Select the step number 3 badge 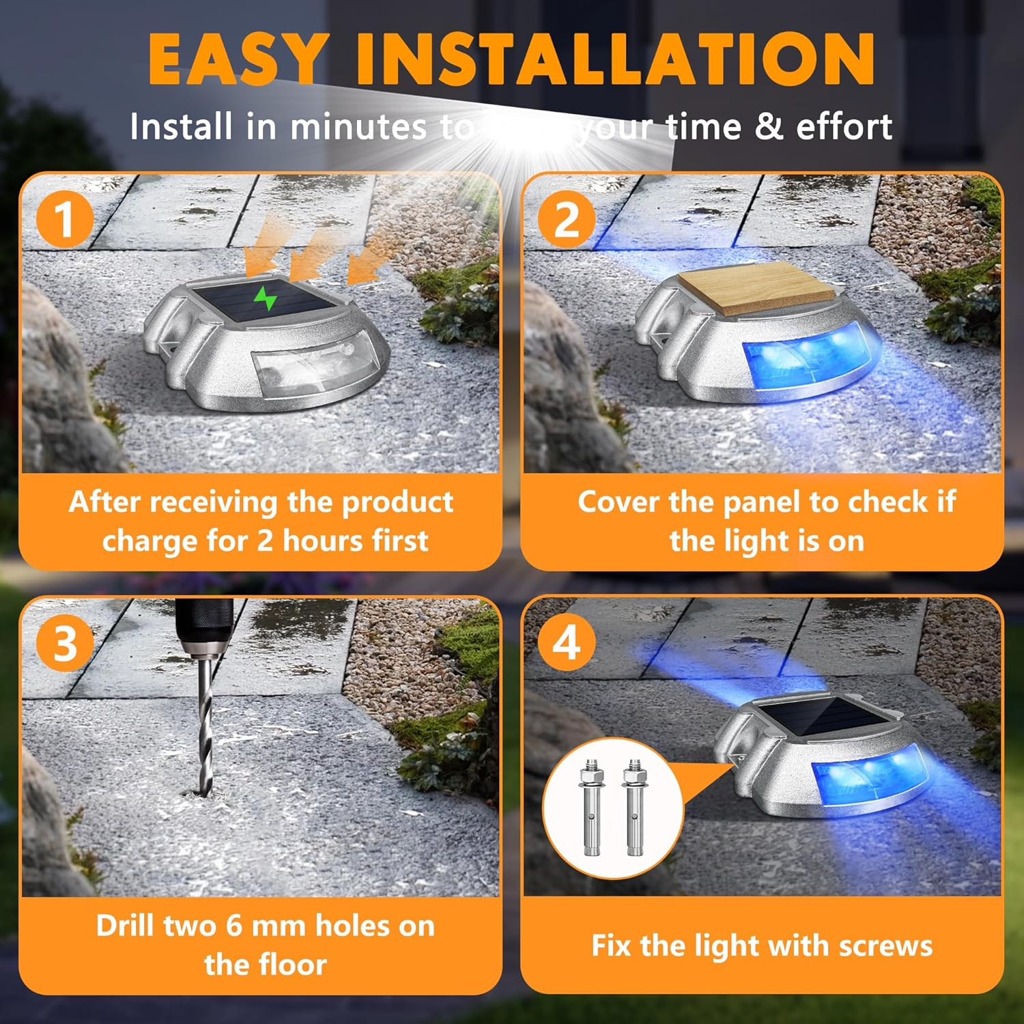pos(64,642)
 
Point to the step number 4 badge pos(566,642)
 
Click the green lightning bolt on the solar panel pos(266,298)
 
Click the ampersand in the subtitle pos(769,126)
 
